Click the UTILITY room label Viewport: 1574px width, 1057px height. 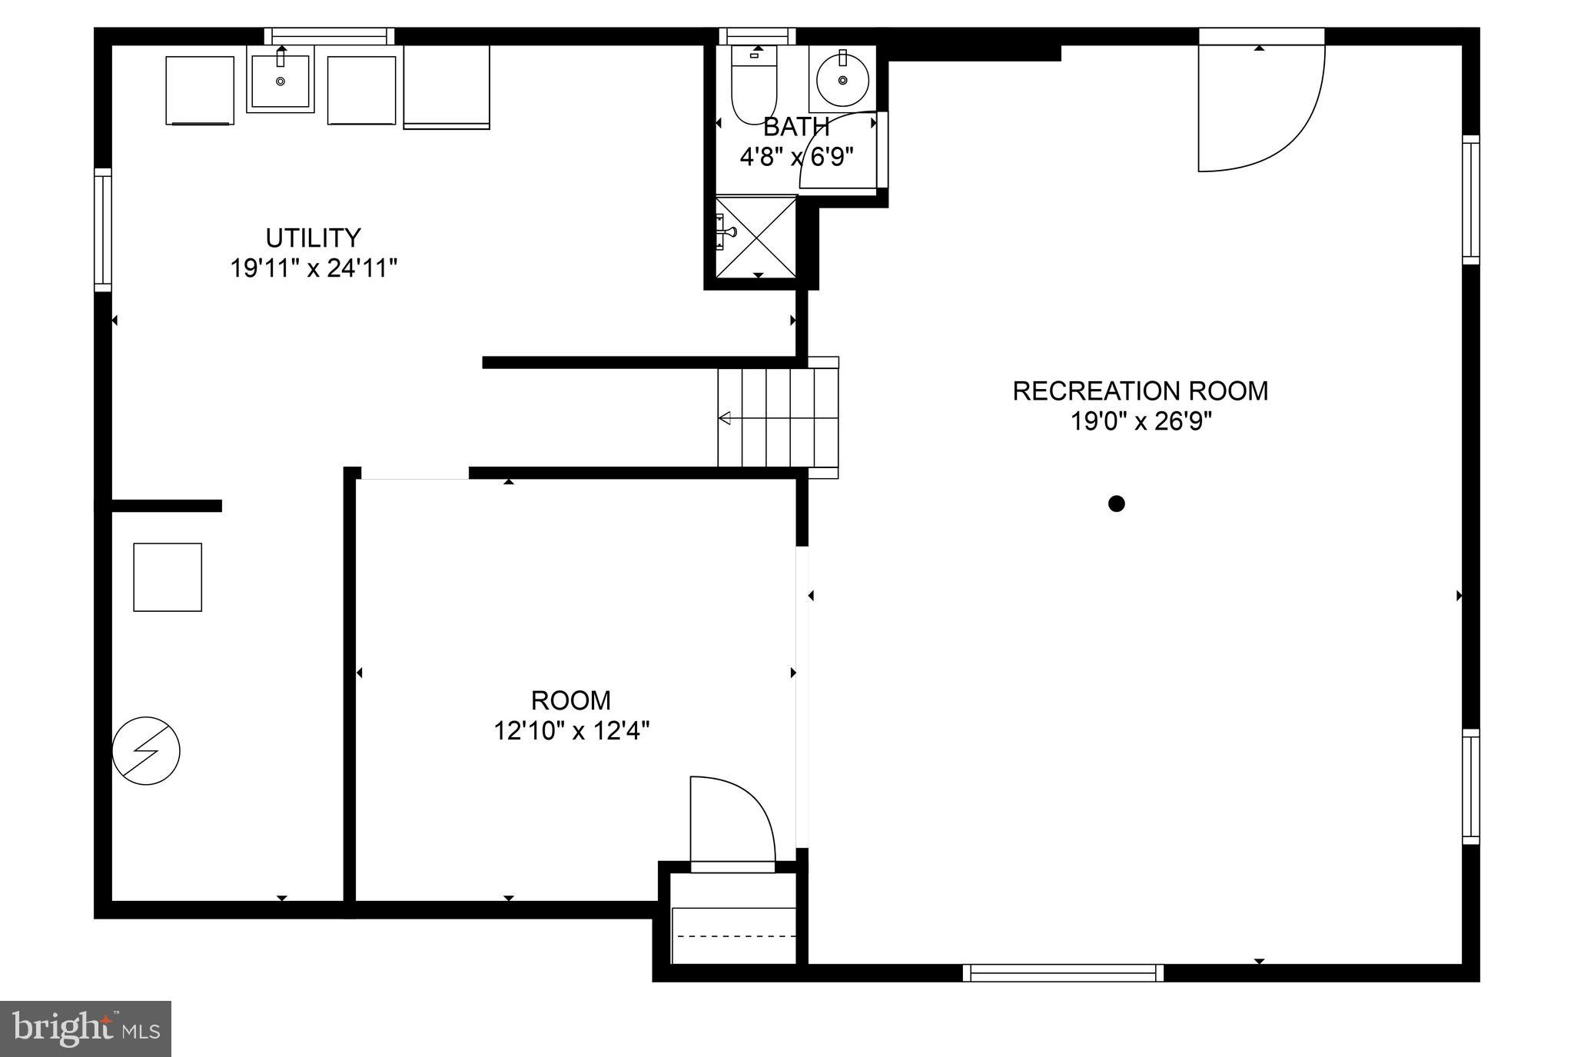click(313, 237)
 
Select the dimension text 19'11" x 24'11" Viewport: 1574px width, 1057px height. click(314, 268)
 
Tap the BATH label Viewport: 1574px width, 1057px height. click(795, 127)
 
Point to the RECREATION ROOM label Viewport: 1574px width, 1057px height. click(1140, 391)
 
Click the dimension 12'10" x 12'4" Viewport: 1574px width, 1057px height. click(571, 730)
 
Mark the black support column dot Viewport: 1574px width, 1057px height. click(1117, 504)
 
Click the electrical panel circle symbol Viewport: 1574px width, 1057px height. click(146, 751)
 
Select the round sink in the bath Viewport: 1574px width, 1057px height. click(842, 80)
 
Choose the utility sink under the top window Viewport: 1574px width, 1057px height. click(281, 80)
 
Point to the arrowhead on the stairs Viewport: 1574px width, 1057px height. click(724, 418)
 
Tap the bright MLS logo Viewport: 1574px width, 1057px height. click(85, 1029)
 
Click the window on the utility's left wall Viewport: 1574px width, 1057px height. click(103, 230)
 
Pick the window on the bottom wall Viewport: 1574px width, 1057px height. click(1063, 973)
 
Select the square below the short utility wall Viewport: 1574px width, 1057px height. click(168, 577)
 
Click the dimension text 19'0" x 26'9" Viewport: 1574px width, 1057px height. click(1141, 422)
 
